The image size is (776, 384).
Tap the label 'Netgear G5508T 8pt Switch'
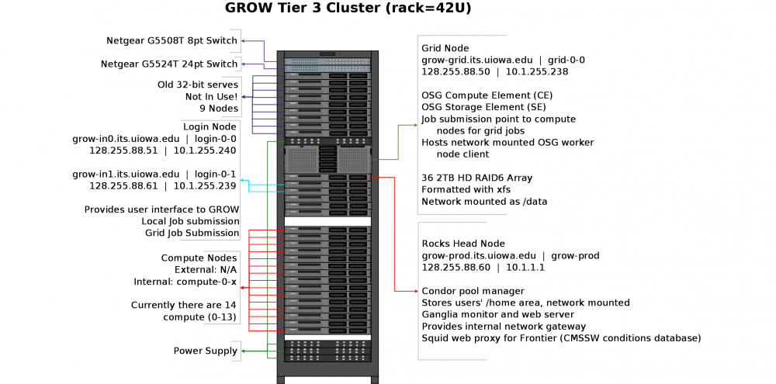171,40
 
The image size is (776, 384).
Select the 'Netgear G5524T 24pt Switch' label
169,64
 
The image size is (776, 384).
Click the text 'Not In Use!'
212,96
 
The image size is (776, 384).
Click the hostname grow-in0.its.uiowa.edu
126,139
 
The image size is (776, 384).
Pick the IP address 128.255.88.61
123,186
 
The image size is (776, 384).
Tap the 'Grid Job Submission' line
192,233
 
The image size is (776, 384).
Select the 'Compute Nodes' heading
199,258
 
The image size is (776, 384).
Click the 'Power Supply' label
206,351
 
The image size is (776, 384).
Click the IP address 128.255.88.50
456,71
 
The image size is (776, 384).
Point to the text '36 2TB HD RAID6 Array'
477,178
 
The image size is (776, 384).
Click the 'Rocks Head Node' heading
463,244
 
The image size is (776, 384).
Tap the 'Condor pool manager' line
473,291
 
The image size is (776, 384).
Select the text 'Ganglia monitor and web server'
498,315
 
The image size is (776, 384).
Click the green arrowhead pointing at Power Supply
243,351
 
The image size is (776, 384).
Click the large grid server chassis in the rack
327,160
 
